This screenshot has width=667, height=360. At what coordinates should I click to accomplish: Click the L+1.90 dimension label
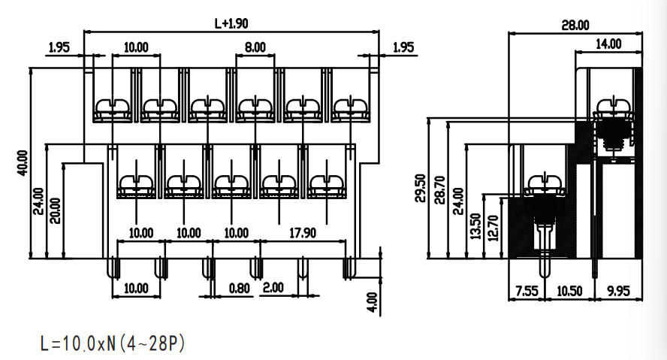coord(231,23)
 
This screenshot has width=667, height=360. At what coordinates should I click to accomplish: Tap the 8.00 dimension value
coord(255,47)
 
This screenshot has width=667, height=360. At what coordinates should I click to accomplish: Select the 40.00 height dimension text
coord(23,162)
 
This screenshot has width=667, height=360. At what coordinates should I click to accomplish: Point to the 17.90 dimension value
coord(303,233)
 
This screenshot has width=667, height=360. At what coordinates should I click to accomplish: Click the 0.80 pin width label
coord(239,288)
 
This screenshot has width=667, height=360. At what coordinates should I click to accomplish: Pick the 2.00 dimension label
coord(273,287)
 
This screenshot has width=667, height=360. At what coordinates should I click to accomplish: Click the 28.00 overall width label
coord(575,25)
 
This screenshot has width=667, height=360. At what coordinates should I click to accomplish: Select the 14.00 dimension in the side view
coord(608,44)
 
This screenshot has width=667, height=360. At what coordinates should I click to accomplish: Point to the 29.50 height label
coord(421,188)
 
